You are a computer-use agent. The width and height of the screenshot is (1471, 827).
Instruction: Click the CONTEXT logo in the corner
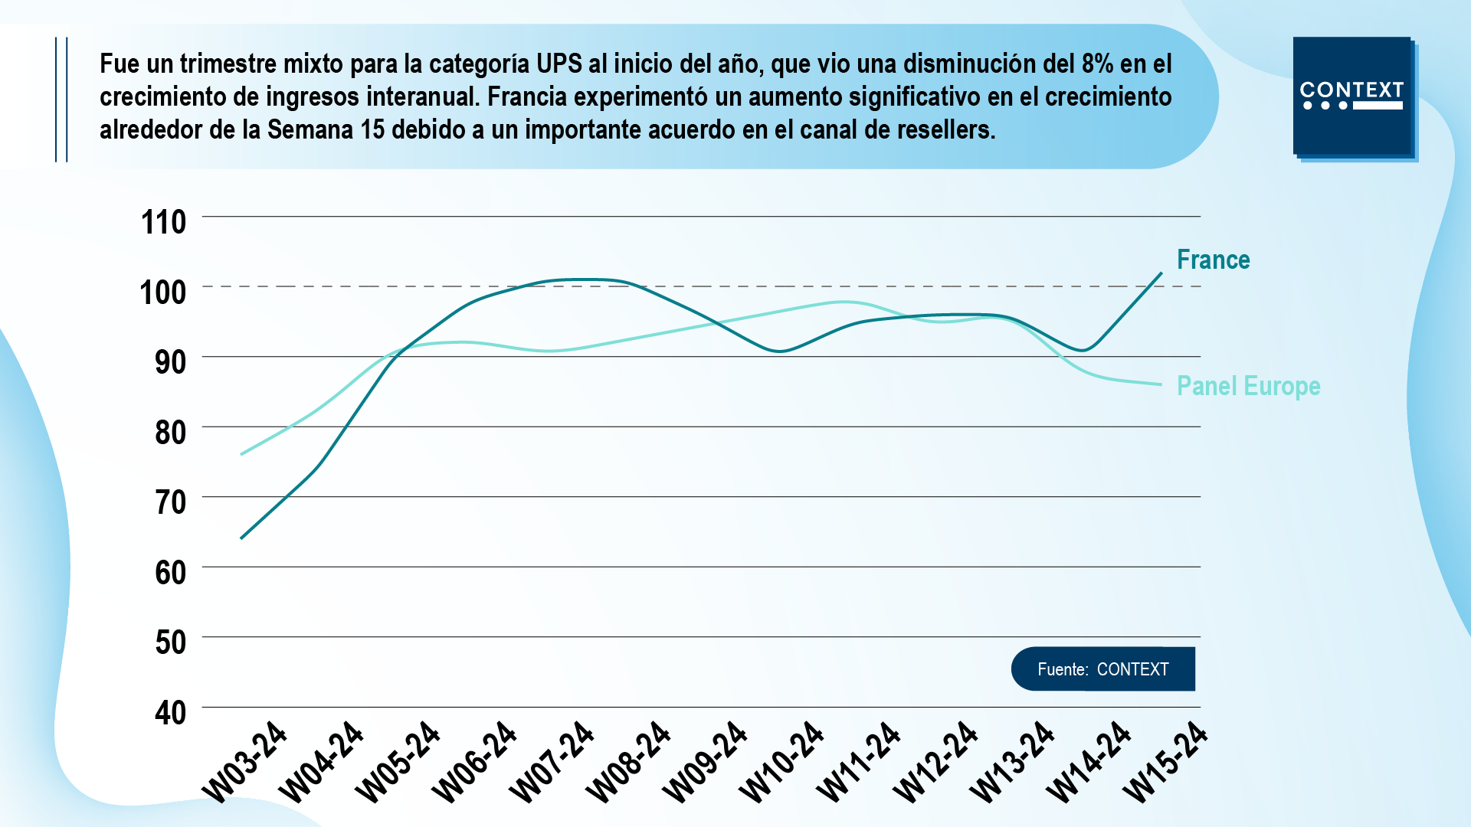(x=1352, y=96)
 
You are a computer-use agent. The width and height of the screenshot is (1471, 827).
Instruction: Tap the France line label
(x=1213, y=260)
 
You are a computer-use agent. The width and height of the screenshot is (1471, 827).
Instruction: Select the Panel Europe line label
(x=1248, y=386)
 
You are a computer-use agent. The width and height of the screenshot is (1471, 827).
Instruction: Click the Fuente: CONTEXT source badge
(x=1102, y=669)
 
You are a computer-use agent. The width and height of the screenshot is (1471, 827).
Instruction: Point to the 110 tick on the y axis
(x=163, y=222)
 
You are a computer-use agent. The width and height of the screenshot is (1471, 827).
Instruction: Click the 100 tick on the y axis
(x=163, y=293)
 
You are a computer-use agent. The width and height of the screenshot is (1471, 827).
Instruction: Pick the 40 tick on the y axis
(x=170, y=713)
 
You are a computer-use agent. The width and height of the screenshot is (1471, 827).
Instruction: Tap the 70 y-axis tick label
(x=170, y=502)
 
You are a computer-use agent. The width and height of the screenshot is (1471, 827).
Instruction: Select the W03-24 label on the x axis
(x=244, y=763)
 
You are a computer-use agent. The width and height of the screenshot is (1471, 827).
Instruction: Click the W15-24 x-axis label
(x=1165, y=763)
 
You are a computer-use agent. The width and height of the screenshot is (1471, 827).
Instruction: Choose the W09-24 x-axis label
(x=704, y=763)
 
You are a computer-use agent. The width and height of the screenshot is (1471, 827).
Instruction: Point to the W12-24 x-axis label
(x=935, y=763)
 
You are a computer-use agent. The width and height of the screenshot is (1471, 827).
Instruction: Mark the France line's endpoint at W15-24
(x=1161, y=273)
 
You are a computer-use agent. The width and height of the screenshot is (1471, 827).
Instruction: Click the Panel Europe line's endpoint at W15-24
(x=1161, y=384)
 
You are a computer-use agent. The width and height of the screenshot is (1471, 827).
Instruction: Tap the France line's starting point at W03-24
(x=241, y=538)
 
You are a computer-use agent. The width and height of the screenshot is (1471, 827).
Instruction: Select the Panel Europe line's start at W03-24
(x=241, y=455)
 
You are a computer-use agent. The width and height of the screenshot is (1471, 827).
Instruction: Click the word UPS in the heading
(x=559, y=64)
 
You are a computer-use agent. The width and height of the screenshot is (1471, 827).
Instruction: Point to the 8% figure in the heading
(x=1097, y=64)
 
